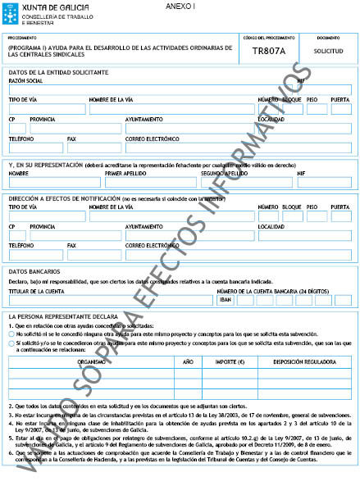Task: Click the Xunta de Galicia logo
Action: [x=37, y=12]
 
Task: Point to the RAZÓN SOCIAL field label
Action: [x=26, y=82]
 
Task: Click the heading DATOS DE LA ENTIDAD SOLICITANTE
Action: [x=58, y=72]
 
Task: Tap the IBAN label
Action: [x=226, y=300]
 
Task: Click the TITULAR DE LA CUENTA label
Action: [x=37, y=291]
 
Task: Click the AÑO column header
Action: [x=187, y=361]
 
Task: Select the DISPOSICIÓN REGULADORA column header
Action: [x=303, y=361]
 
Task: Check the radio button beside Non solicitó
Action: [x=13, y=335]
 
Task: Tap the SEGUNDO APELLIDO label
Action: [x=224, y=174]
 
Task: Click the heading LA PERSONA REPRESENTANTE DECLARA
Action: [x=64, y=316]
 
